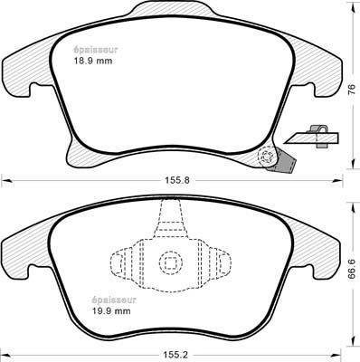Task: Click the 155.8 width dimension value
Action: coord(177,181)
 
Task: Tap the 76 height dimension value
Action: coord(352,90)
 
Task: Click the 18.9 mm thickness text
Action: coord(93,61)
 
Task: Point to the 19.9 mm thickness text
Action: coord(111,310)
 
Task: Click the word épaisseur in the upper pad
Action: coord(95,50)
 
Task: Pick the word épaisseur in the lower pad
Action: coord(114,300)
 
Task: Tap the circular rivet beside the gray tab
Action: coord(267,157)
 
